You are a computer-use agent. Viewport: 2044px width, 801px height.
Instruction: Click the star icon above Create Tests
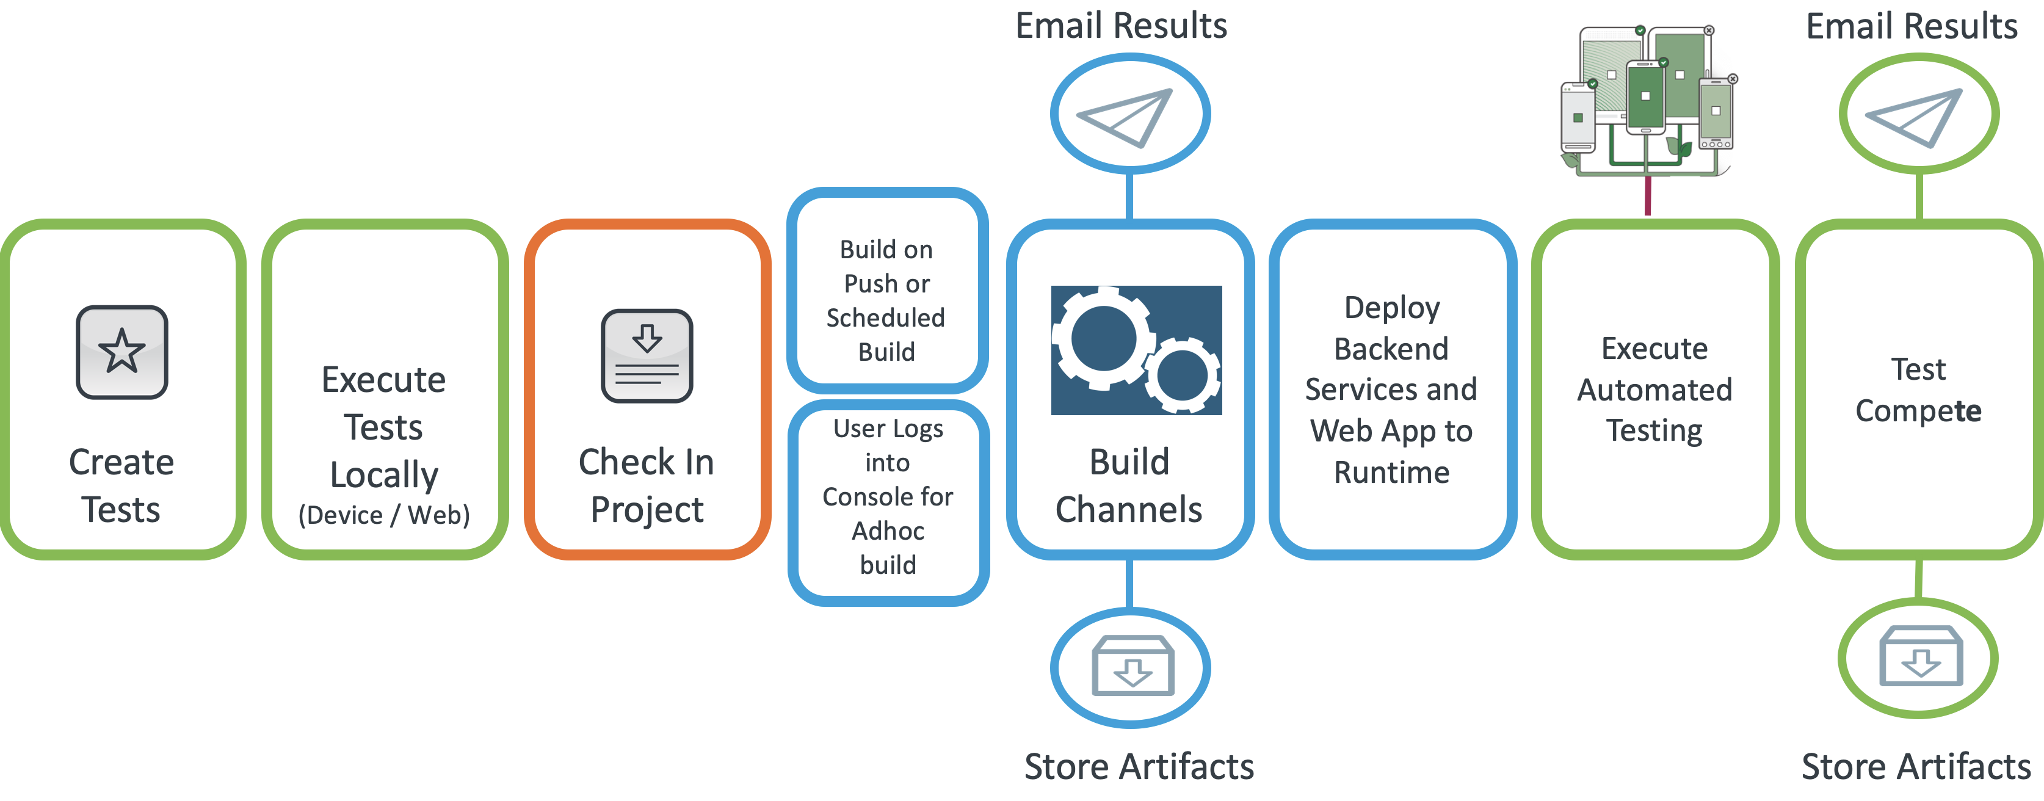(121, 352)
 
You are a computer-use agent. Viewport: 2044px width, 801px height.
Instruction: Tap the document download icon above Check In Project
(647, 356)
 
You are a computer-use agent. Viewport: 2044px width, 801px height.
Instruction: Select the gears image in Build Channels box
(1136, 350)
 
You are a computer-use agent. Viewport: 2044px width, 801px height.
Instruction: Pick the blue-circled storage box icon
(1131, 667)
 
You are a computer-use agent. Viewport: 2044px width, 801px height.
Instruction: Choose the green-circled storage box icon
(1919, 658)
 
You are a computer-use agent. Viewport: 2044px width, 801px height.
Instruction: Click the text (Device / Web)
(384, 515)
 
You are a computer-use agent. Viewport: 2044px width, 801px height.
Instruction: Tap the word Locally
(384, 475)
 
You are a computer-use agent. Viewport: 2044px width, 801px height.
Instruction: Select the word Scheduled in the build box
(885, 317)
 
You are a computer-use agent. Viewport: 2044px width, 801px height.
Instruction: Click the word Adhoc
(888, 531)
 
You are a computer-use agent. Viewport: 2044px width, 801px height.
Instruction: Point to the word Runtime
(1392, 473)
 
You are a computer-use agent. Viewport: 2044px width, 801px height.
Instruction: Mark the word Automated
(1654, 390)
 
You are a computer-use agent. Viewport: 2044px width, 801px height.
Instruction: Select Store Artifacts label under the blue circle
(1139, 767)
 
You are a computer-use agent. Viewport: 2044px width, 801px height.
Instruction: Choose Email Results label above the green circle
(1912, 26)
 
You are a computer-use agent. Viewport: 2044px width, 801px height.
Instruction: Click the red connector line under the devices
(1648, 196)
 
